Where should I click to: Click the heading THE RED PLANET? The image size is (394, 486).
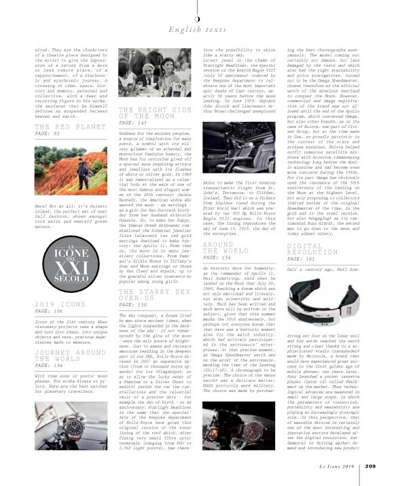point(62,127)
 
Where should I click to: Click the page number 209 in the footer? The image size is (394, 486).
point(370,466)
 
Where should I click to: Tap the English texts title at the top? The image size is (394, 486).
point(197,29)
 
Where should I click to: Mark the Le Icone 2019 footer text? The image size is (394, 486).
point(338,466)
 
